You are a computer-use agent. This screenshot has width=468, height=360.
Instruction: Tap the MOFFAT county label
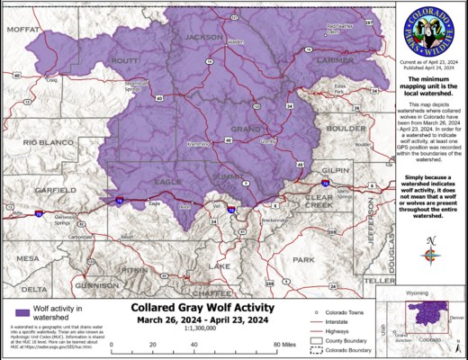point(24,30)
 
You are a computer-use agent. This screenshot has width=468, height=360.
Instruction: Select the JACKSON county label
point(203,37)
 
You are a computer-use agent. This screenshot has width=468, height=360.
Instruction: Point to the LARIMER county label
point(336,60)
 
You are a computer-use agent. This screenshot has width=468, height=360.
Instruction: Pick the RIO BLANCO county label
point(41,142)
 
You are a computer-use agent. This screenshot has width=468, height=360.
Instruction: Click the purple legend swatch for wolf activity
point(15,312)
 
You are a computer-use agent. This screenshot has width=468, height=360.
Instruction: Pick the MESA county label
point(28,258)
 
